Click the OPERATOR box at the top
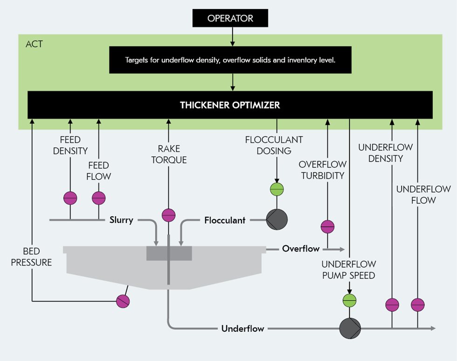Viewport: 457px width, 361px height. pyautogui.click(x=230, y=19)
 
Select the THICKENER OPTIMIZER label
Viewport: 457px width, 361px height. pyautogui.click(x=230, y=105)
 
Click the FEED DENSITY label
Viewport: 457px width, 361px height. pyautogui.click(x=70, y=145)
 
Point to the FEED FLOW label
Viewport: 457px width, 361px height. pyautogui.click(x=98, y=171)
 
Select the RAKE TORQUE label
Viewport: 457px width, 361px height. pyautogui.click(x=168, y=154)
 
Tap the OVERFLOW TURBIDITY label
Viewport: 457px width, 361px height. pyautogui.click(x=322, y=170)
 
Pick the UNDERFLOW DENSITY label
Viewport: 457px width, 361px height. pyautogui.click(x=385, y=153)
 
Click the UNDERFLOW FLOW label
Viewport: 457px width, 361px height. pyautogui.click(x=423, y=195)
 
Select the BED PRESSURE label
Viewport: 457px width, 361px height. pyautogui.click(x=31, y=257)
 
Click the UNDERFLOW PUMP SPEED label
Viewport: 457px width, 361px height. pyautogui.click(x=348, y=270)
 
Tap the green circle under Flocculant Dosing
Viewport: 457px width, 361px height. pyautogui.click(x=277, y=189)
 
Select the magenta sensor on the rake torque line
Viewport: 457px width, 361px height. pyautogui.click(x=168, y=215)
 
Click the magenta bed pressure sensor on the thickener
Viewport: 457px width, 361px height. pyautogui.click(x=123, y=301)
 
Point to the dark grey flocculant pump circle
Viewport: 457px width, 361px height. pyautogui.click(x=277, y=219)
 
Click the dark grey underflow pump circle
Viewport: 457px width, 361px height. pyautogui.click(x=350, y=328)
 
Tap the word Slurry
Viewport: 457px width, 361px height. pyautogui.click(x=121, y=220)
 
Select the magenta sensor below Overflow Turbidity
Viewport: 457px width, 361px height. pyautogui.click(x=328, y=227)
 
